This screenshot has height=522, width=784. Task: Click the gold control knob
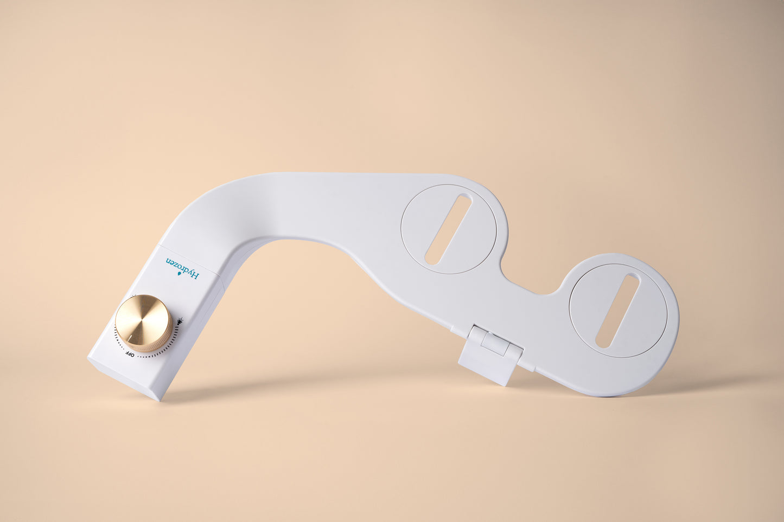143,323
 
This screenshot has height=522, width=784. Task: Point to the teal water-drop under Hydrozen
179,275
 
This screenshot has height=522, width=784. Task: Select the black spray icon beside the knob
180,320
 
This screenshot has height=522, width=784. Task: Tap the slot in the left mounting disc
448,229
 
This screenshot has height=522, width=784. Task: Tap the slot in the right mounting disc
618,311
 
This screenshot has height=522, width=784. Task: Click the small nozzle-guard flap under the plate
490,355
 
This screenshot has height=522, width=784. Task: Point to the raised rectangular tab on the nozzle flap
495,344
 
